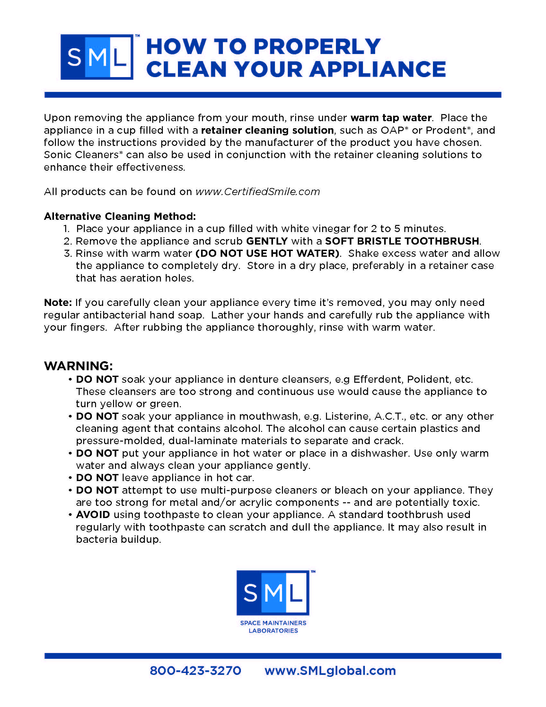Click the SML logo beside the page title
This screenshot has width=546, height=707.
click(97, 57)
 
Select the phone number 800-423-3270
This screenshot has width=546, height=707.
click(195, 670)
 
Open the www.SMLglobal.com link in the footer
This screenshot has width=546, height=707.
click(330, 670)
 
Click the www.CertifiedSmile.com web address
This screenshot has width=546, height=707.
click(258, 192)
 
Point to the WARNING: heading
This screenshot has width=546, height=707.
click(78, 366)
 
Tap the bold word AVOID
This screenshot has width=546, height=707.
click(93, 515)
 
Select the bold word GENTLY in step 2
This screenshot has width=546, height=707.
click(267, 241)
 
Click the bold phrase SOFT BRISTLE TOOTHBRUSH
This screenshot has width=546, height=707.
click(402, 241)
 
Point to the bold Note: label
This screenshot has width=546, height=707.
click(57, 302)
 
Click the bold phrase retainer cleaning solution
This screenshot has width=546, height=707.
click(267, 130)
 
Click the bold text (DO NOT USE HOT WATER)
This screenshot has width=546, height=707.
click(268, 253)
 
